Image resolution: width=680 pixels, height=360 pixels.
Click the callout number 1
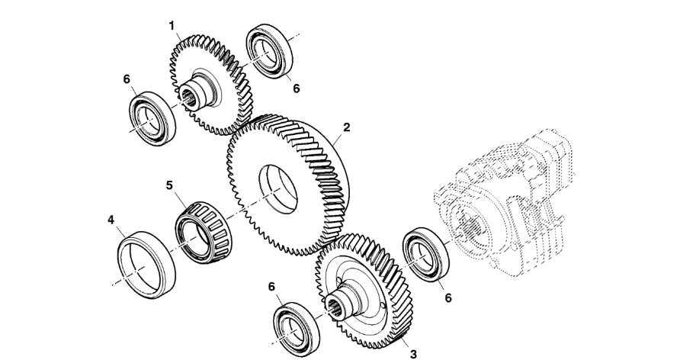(172, 26)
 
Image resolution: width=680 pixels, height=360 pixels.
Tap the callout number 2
(346, 127)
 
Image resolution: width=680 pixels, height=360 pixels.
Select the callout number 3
(413, 354)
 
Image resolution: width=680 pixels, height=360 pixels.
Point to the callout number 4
(111, 220)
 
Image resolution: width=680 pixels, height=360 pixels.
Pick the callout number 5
(169, 185)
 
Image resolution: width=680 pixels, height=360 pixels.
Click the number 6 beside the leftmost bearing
(127, 79)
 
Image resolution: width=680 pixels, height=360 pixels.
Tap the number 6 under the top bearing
(297, 88)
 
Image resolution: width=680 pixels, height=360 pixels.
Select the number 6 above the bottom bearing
(271, 287)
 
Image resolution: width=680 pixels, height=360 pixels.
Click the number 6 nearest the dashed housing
(448, 298)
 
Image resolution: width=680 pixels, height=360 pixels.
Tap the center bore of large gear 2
(278, 189)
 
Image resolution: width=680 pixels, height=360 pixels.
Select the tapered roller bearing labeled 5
(204, 232)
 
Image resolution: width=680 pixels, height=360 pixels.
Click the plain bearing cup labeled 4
(146, 265)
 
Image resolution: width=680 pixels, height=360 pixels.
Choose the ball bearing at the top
(269, 51)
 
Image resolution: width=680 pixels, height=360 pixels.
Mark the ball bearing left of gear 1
(152, 118)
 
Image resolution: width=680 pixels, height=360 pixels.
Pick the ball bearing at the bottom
(297, 329)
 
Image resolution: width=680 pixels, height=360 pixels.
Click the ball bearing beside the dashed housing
(426, 254)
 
